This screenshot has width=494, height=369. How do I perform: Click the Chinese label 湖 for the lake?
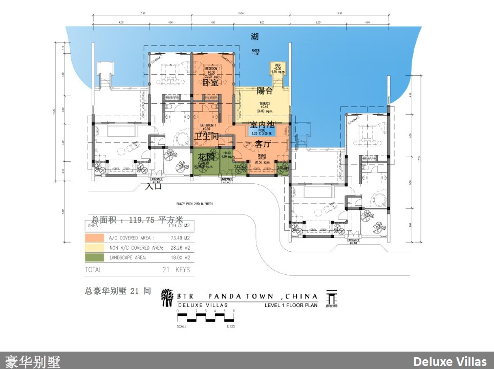(x=254, y=37)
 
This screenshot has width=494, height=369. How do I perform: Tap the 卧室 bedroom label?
(x=210, y=83)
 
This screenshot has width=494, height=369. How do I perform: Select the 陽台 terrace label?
(x=265, y=91)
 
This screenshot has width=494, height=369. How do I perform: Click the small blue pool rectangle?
(x=262, y=132)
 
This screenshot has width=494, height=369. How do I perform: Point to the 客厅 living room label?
(x=263, y=144)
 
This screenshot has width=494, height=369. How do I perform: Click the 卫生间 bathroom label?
(x=206, y=136)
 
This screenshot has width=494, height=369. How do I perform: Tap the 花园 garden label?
(x=205, y=157)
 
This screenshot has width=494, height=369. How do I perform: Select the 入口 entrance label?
(x=153, y=186)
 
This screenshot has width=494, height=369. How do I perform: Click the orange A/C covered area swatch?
(x=95, y=238)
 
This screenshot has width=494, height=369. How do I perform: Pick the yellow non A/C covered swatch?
(x=95, y=248)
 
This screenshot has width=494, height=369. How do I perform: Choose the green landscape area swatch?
(x=95, y=257)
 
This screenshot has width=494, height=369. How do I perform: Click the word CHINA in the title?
(x=302, y=296)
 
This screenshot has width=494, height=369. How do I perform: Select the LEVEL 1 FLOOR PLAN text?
(x=291, y=306)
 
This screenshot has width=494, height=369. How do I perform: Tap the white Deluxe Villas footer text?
(x=449, y=362)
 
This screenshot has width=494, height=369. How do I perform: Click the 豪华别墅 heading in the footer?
(x=33, y=362)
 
